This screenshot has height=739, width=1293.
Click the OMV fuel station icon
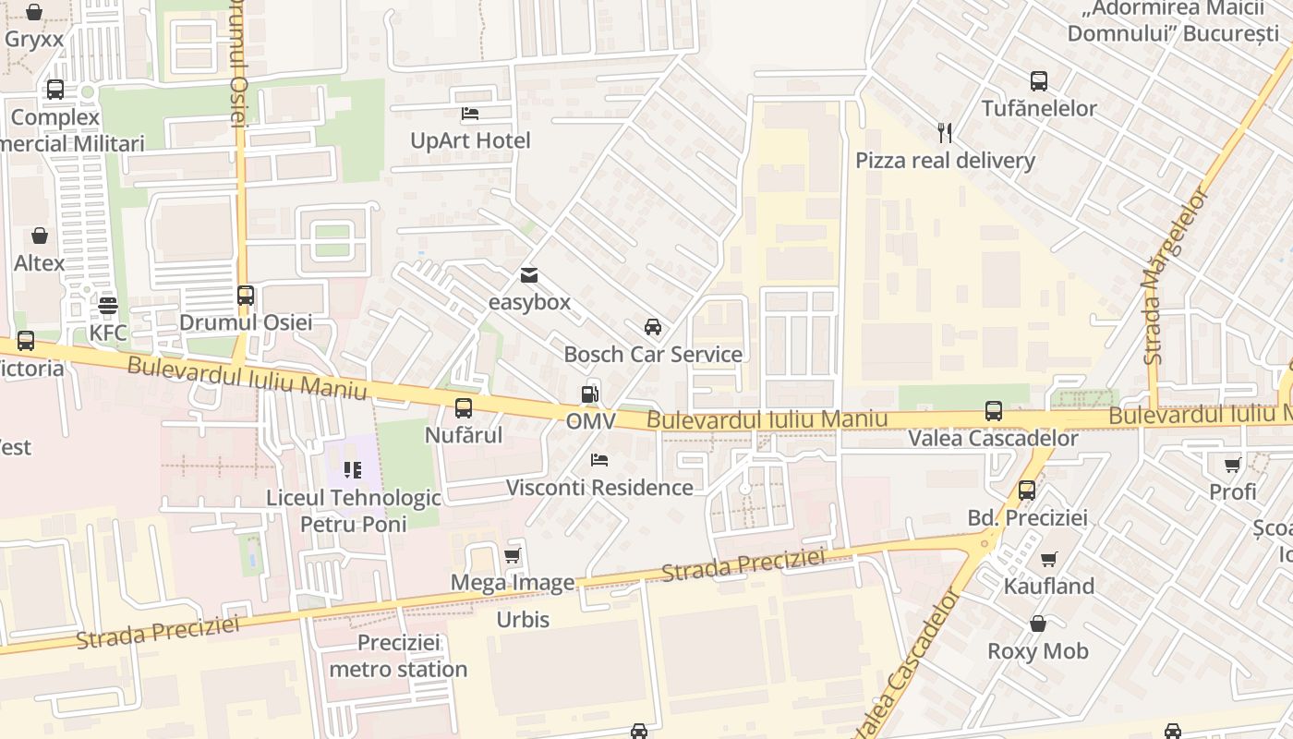click(590, 394)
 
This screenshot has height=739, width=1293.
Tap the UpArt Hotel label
click(470, 140)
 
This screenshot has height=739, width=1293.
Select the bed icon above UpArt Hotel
click(470, 114)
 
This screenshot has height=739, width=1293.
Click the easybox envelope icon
click(529, 275)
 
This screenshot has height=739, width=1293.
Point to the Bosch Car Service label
click(653, 354)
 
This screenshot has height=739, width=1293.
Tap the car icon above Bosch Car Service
click(653, 327)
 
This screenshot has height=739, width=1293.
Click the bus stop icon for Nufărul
click(464, 407)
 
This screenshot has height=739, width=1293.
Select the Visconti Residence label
click(599, 487)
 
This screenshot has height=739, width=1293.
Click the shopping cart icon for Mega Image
click(513, 555)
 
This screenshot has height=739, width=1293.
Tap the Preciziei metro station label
click(398, 656)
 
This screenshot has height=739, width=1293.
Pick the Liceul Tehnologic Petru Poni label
click(353, 511)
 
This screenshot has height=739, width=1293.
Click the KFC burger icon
click(108, 305)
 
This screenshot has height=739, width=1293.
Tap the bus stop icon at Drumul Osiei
click(246, 296)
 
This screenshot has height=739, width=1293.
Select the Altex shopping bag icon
click(40, 236)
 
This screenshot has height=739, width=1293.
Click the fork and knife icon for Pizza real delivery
click(945, 133)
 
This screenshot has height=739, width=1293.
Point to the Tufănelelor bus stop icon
click(1039, 81)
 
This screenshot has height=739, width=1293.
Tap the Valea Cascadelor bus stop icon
click(994, 411)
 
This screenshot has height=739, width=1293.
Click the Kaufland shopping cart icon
click(1048, 559)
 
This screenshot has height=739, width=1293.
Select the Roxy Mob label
click(1038, 651)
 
